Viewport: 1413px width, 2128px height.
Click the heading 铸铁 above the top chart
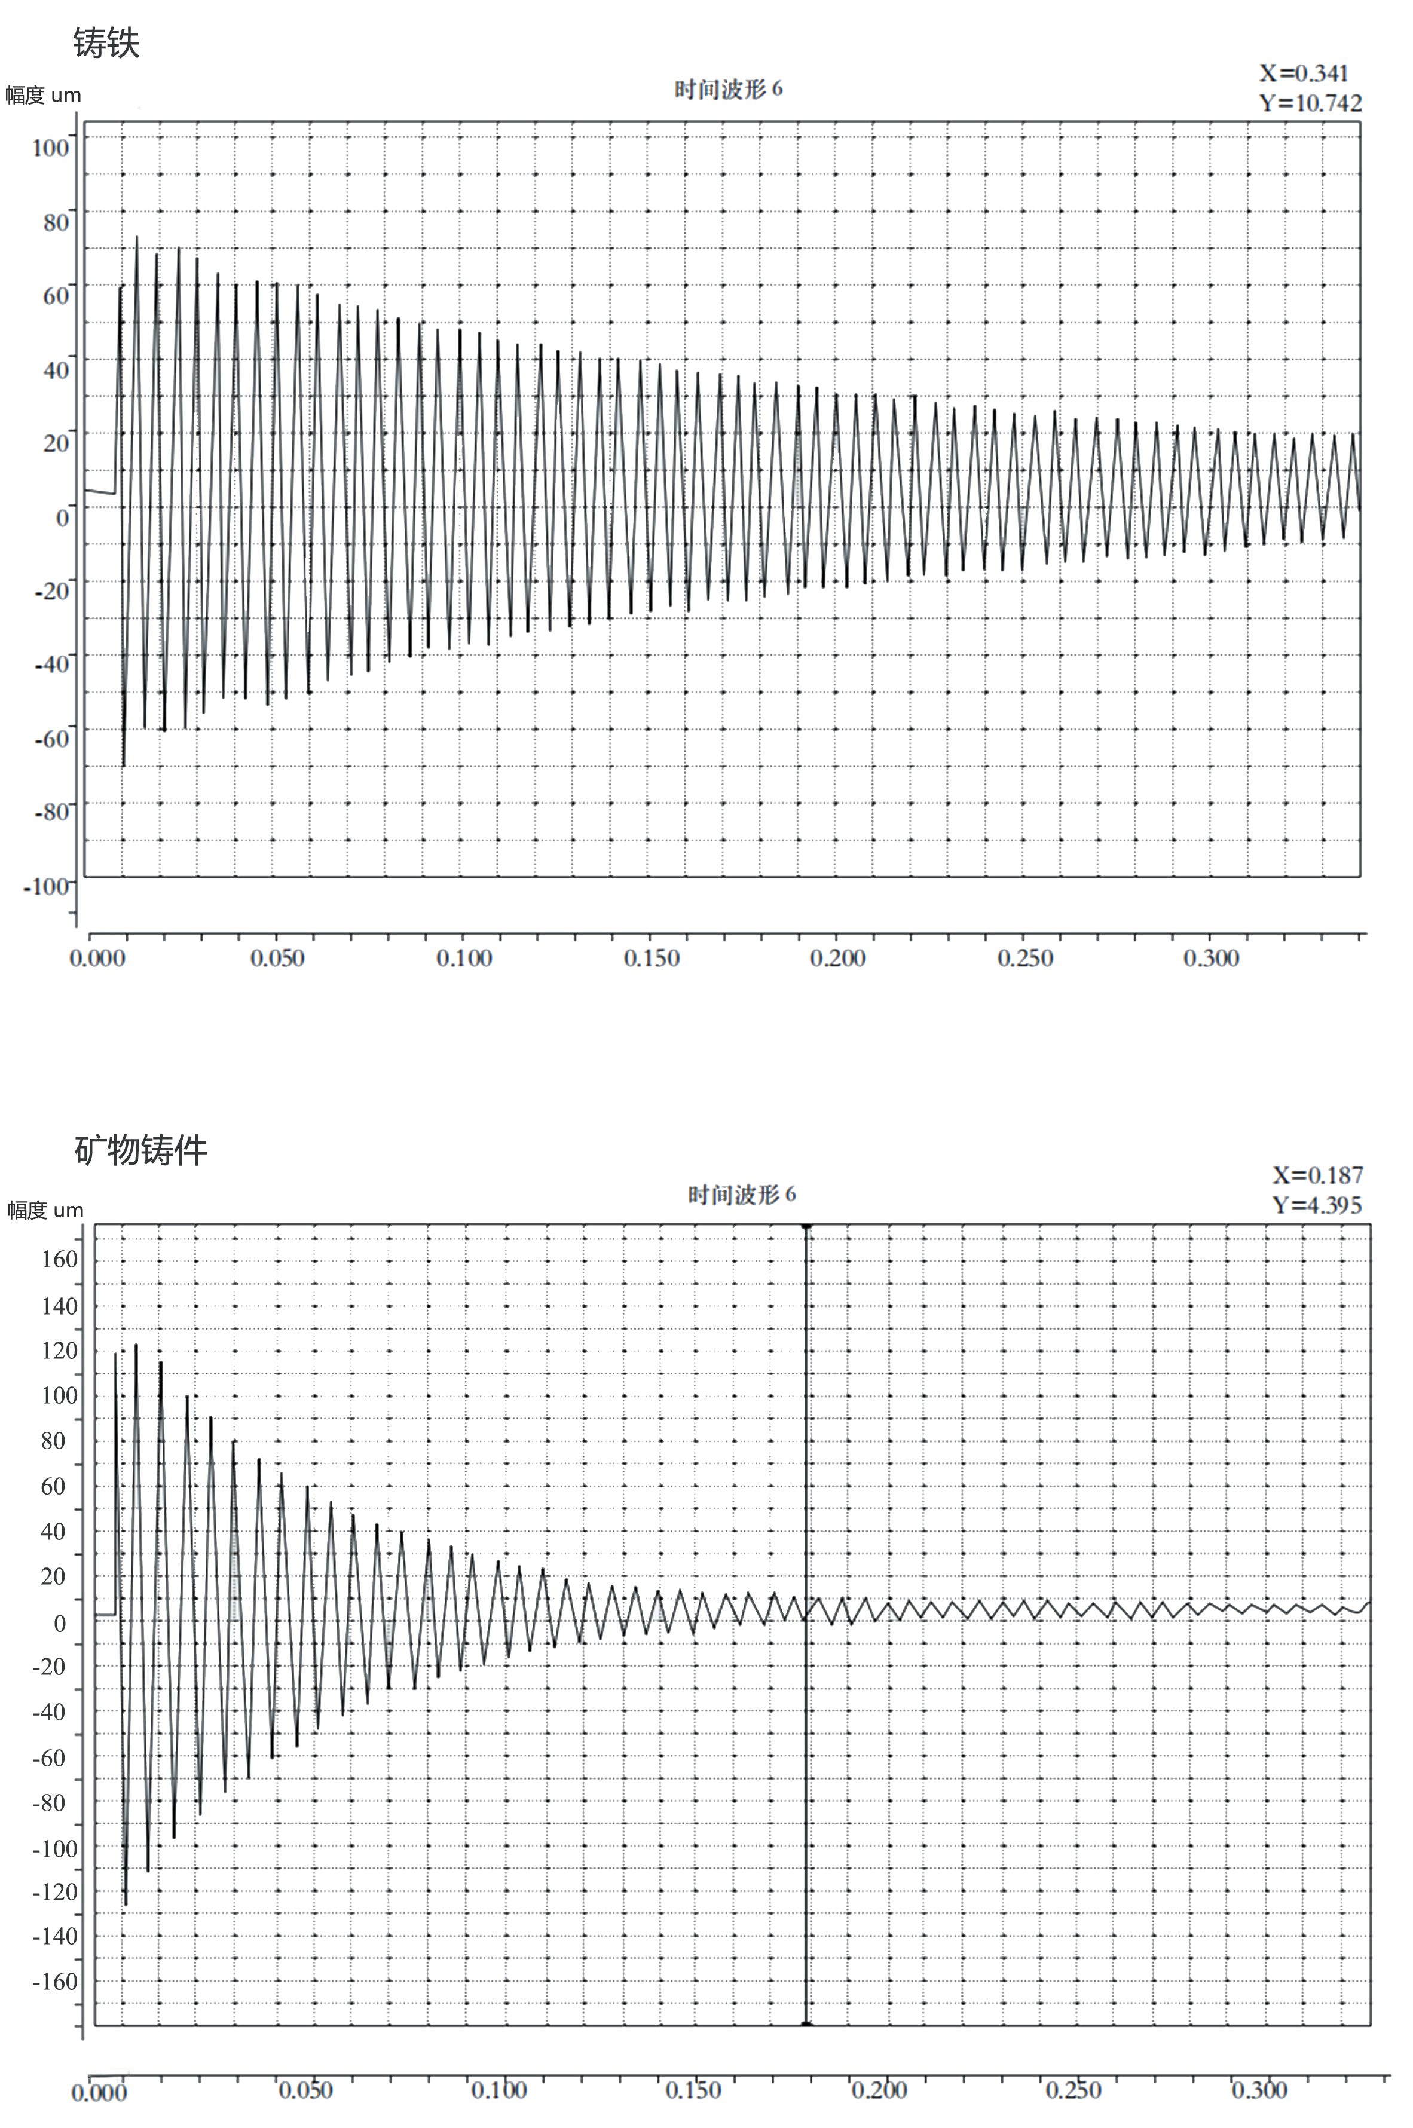[106, 42]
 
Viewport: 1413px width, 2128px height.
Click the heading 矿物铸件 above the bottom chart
[140, 1150]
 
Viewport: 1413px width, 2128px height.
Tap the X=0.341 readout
[1303, 73]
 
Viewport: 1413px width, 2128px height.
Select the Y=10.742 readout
[1310, 103]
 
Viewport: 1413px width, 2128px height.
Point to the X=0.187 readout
[1317, 1175]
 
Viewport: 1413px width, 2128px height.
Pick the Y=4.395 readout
[1317, 1205]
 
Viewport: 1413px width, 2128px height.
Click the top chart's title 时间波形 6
[728, 89]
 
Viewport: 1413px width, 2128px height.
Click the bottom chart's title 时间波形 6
[741, 1195]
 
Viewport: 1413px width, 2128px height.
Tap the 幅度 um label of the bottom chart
[45, 1210]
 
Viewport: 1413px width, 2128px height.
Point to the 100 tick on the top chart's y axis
[50, 147]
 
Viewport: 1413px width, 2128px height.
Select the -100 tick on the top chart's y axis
[47, 886]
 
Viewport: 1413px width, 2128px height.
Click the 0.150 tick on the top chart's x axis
[652, 958]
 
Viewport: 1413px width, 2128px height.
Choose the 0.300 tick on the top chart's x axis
[1211, 958]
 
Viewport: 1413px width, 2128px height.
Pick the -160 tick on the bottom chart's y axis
[56, 1981]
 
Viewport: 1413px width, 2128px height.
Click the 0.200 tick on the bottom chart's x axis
[879, 2089]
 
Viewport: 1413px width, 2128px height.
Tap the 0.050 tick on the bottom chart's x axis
[305, 2089]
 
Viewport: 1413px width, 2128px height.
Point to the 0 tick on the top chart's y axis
[62, 517]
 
